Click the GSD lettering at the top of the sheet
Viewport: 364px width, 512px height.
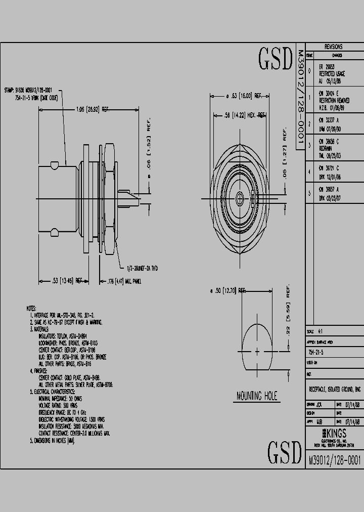[276, 59]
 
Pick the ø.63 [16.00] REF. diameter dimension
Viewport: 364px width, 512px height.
[244, 96]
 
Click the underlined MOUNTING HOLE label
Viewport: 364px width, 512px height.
[257, 396]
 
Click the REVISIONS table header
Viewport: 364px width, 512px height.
[334, 46]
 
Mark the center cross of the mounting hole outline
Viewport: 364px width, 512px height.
[257, 350]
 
